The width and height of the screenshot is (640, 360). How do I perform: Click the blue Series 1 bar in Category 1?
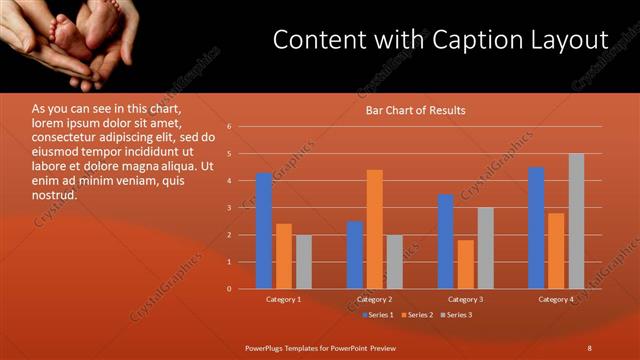pos(264,231)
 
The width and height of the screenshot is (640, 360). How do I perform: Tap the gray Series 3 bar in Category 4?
pos(576,221)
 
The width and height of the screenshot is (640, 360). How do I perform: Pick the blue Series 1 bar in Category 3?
pos(446,241)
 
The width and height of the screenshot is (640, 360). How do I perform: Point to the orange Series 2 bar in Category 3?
pos(465,264)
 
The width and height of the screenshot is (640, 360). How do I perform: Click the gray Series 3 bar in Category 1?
pos(303,262)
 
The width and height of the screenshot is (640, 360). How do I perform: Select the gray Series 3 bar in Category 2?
pos(394,262)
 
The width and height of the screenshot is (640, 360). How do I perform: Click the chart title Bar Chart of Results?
pos(415,110)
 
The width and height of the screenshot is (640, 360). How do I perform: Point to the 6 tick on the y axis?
pos(230,127)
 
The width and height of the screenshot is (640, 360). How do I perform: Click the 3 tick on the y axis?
pos(230,208)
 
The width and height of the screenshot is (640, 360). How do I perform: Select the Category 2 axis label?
pos(374,299)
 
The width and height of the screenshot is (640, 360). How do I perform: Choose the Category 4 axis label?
pos(556,299)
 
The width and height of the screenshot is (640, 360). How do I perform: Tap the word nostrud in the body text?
pos(54,194)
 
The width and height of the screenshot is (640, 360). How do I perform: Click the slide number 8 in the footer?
pos(589,347)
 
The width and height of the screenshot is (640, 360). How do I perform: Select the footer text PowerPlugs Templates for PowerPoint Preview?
pos(321,347)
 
